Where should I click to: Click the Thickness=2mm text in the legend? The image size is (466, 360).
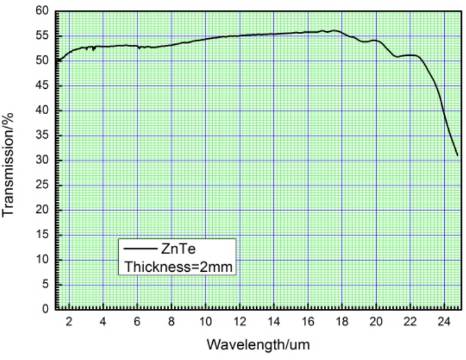coord(179,266)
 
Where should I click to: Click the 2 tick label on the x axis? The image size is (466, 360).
coord(69,321)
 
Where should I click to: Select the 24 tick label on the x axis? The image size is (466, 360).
coord(444,321)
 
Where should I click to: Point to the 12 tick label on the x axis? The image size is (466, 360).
coord(239,321)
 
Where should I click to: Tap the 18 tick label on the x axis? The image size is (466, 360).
coord(341,321)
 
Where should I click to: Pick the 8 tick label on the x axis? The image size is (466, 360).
coord(172,321)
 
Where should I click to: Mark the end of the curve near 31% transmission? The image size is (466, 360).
coord(457,155)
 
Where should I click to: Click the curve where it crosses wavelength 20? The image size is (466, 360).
coord(376,41)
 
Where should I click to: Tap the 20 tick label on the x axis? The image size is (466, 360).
coord(376,321)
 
